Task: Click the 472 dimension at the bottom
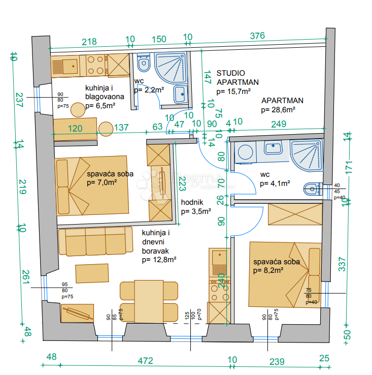[x=145, y=361]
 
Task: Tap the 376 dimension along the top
[x=257, y=35]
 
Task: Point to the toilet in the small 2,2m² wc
[x=144, y=65]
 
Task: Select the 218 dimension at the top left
[x=89, y=42]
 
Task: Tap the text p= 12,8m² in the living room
[x=159, y=259]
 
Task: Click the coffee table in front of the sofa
[x=92, y=273]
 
